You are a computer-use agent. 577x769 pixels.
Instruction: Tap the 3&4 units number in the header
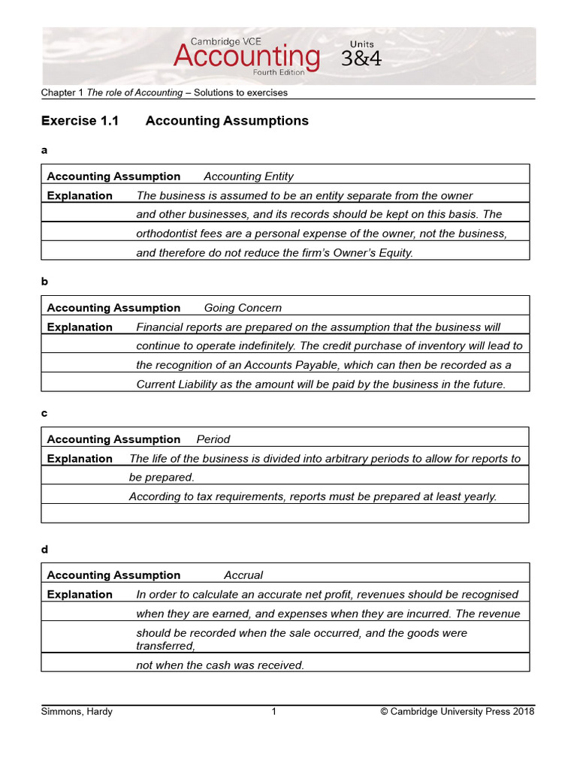point(361,59)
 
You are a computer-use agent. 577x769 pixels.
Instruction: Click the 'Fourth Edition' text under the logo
point(279,73)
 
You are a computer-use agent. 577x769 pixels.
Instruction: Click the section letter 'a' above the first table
point(44,150)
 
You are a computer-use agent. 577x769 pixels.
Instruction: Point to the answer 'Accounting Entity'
point(249,176)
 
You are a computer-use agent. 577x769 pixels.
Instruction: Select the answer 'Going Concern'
point(243,308)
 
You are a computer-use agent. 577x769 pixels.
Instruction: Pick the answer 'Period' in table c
point(213,439)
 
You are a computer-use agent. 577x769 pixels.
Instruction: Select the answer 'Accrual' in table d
point(243,575)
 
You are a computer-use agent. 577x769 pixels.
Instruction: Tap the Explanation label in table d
point(80,595)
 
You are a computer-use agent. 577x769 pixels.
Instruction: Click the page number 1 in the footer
point(274,712)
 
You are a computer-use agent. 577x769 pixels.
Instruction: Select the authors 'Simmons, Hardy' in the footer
point(77,712)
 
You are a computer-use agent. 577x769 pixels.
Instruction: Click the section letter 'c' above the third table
point(44,414)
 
